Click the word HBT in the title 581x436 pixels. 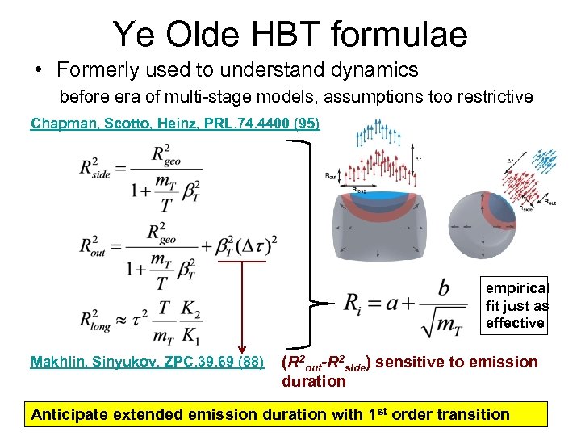(x=310, y=34)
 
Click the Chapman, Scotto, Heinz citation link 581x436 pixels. (x=175, y=124)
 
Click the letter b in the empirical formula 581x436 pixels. (x=444, y=287)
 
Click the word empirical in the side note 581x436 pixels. (x=516, y=287)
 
